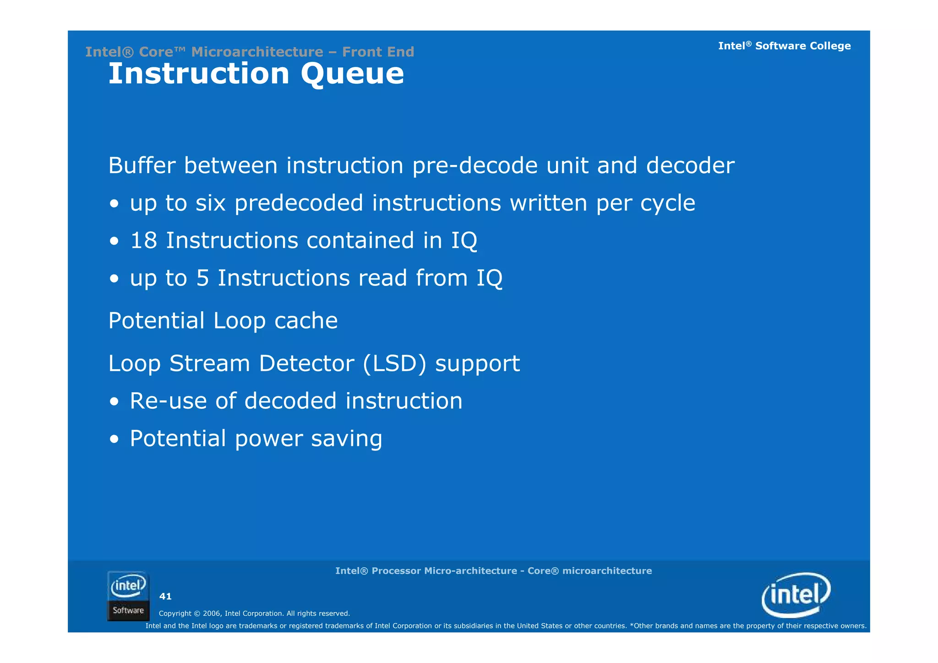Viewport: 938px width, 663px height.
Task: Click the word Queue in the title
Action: click(x=352, y=74)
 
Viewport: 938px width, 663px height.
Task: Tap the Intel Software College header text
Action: click(x=784, y=46)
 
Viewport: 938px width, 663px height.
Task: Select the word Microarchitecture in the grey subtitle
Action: click(x=257, y=52)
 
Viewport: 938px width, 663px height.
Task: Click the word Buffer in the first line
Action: click(x=142, y=165)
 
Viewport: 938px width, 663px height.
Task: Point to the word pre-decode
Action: click(x=474, y=166)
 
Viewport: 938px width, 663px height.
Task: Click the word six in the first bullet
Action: click(x=210, y=203)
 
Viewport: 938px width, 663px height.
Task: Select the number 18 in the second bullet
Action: click(x=144, y=241)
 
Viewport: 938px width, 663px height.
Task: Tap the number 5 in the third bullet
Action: click(x=202, y=278)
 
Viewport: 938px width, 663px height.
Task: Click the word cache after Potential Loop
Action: click(x=306, y=321)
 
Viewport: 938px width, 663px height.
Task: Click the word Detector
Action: click(x=306, y=363)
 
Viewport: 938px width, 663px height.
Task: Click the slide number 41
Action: click(x=165, y=596)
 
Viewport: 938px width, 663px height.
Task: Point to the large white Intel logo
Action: click(x=796, y=595)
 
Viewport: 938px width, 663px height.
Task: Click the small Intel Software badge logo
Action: click(x=128, y=596)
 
